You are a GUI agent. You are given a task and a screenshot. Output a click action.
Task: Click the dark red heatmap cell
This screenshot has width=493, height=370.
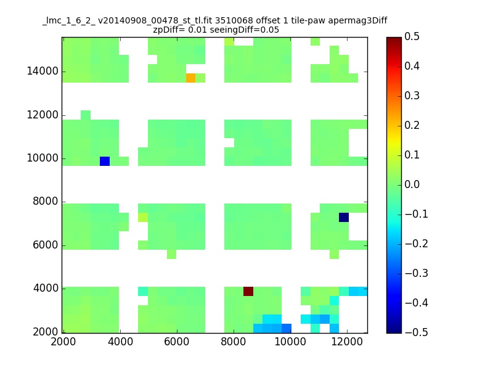248,291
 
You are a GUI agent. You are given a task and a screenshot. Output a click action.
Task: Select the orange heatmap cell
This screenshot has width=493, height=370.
190,78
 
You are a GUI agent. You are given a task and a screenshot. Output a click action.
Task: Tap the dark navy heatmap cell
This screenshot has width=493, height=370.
344,218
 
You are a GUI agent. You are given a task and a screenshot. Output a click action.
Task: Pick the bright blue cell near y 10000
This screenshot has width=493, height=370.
105,161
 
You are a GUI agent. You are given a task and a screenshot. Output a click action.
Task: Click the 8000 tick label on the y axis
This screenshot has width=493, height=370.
46,201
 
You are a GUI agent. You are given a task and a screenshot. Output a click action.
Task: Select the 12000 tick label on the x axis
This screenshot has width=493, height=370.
347,341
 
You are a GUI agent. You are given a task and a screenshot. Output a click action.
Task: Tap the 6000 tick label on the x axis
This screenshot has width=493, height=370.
177,341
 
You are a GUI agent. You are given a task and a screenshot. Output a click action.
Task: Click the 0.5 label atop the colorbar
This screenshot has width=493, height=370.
412,36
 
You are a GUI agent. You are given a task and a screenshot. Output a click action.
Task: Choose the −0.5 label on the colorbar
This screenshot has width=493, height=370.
417,332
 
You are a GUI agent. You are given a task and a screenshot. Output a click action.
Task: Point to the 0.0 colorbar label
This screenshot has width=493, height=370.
412,184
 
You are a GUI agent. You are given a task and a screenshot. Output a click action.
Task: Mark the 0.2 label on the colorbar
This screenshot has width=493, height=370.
412,125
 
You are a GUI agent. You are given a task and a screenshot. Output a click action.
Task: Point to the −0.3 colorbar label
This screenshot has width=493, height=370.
417,273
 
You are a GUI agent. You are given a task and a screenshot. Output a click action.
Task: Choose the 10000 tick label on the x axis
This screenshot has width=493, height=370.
290,341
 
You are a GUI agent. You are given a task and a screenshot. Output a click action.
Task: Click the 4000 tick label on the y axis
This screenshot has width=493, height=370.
46,288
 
